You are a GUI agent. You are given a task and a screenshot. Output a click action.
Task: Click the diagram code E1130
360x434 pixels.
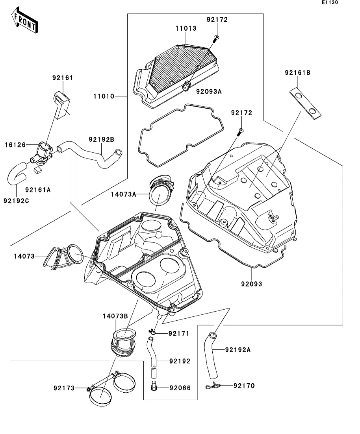329,3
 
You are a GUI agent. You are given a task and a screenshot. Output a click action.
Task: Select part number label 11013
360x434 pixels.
186,28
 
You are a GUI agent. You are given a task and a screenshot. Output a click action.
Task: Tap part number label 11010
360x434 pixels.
104,96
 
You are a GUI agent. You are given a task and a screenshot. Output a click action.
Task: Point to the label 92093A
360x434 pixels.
210,92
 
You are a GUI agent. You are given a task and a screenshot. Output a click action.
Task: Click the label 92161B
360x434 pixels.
298,73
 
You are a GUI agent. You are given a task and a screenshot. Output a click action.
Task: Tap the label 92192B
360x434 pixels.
101,139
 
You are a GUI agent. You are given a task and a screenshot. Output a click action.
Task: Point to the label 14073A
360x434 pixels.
123,194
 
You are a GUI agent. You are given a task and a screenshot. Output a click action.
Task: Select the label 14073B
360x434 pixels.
115,316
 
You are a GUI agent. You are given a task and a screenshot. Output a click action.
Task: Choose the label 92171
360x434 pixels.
179,334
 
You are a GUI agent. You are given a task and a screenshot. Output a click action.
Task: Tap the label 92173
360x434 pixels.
64,388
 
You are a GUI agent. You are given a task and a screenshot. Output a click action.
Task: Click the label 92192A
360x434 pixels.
238,349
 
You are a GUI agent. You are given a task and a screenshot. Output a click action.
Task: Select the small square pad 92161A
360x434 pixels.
38,170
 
